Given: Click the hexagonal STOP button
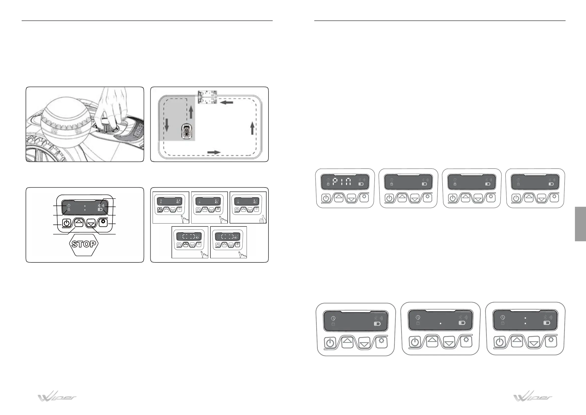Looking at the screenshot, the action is click(84, 244).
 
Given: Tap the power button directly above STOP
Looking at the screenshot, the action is click(66, 223).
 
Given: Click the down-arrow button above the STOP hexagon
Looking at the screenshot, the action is click(91, 223).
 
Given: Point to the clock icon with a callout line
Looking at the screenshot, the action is click(69, 206).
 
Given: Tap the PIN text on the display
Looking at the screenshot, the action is click(342, 182).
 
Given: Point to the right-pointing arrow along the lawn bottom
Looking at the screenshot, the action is click(214, 152).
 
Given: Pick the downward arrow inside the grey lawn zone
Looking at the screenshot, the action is click(167, 125).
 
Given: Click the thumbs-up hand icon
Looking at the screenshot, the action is click(263, 219).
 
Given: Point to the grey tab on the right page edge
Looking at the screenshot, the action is click(580, 224).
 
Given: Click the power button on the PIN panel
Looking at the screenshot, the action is click(326, 198).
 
